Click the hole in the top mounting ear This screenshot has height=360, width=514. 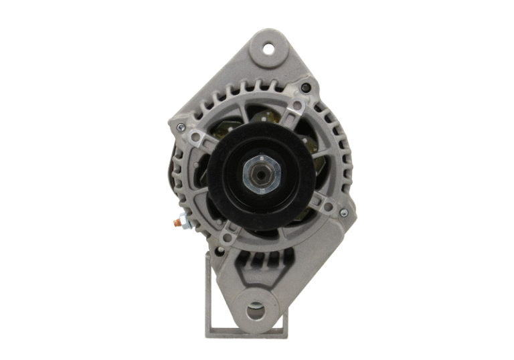tap(268, 48)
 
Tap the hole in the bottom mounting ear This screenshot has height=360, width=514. tap(256, 310)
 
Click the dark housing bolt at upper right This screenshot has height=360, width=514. tap(305, 88)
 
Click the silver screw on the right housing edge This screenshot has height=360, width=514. tap(343, 213)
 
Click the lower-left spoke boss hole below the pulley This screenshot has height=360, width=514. tap(228, 236)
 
